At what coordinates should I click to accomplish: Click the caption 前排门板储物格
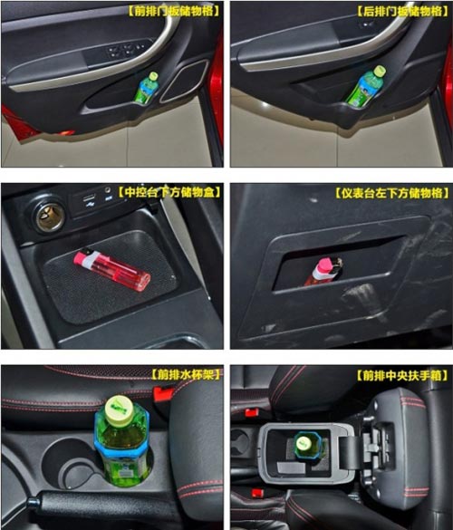pos(173,11)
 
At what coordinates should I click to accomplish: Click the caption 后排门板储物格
pos(402,11)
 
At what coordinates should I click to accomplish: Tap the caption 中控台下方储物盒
pos(169,192)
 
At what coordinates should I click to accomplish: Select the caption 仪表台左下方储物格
pos(391,193)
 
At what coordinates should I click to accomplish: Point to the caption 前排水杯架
pos(185,374)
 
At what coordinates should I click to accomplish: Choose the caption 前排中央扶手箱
pos(402,375)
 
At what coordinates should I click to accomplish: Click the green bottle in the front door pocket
pos(147,87)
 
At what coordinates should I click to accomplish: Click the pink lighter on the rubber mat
pos(111,269)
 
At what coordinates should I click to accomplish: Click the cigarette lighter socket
pos(51,217)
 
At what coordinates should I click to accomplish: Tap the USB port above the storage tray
pos(90,198)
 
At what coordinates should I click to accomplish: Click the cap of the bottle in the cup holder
pos(120,409)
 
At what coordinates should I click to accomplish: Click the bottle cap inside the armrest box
pos(304,443)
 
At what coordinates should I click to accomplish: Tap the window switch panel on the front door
pos(129,50)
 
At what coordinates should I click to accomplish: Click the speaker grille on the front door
pos(184,82)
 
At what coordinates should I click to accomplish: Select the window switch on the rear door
pos(368,24)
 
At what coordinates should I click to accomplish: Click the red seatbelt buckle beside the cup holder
pos(163,393)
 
